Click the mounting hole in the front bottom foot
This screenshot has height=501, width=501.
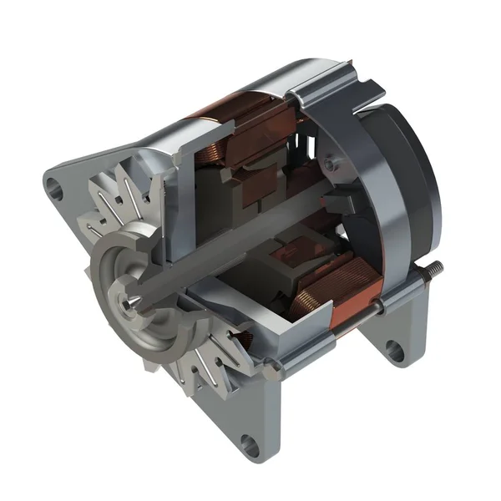[x=248, y=443]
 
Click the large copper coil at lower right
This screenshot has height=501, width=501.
[x=334, y=284]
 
